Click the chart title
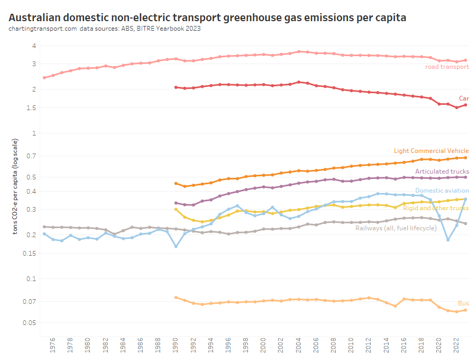click(x=207, y=17)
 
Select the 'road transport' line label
click(x=447, y=67)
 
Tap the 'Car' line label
click(x=463, y=98)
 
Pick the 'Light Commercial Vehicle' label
click(x=431, y=151)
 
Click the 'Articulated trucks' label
click(x=442, y=172)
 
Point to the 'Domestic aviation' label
click(x=442, y=191)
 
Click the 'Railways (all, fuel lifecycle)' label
click(x=396, y=228)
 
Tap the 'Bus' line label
click(x=463, y=303)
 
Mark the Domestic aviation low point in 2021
click(x=448, y=240)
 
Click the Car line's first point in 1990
click(x=176, y=87)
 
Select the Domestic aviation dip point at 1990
click(x=176, y=246)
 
